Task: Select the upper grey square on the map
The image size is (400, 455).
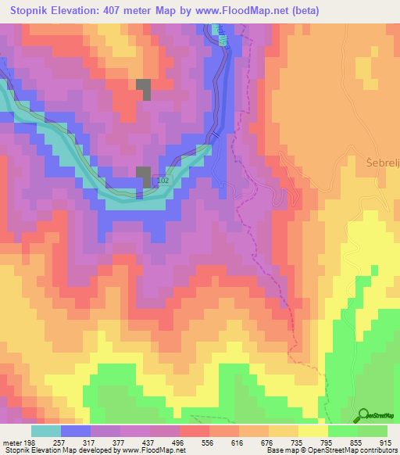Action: tap(144, 88)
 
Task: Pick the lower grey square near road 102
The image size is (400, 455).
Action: tap(144, 177)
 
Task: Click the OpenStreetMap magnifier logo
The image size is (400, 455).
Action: tap(362, 416)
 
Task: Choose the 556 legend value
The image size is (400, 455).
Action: tap(208, 442)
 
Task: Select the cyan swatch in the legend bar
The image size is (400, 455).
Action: tap(46, 431)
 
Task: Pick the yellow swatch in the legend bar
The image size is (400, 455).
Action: tap(312, 431)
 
